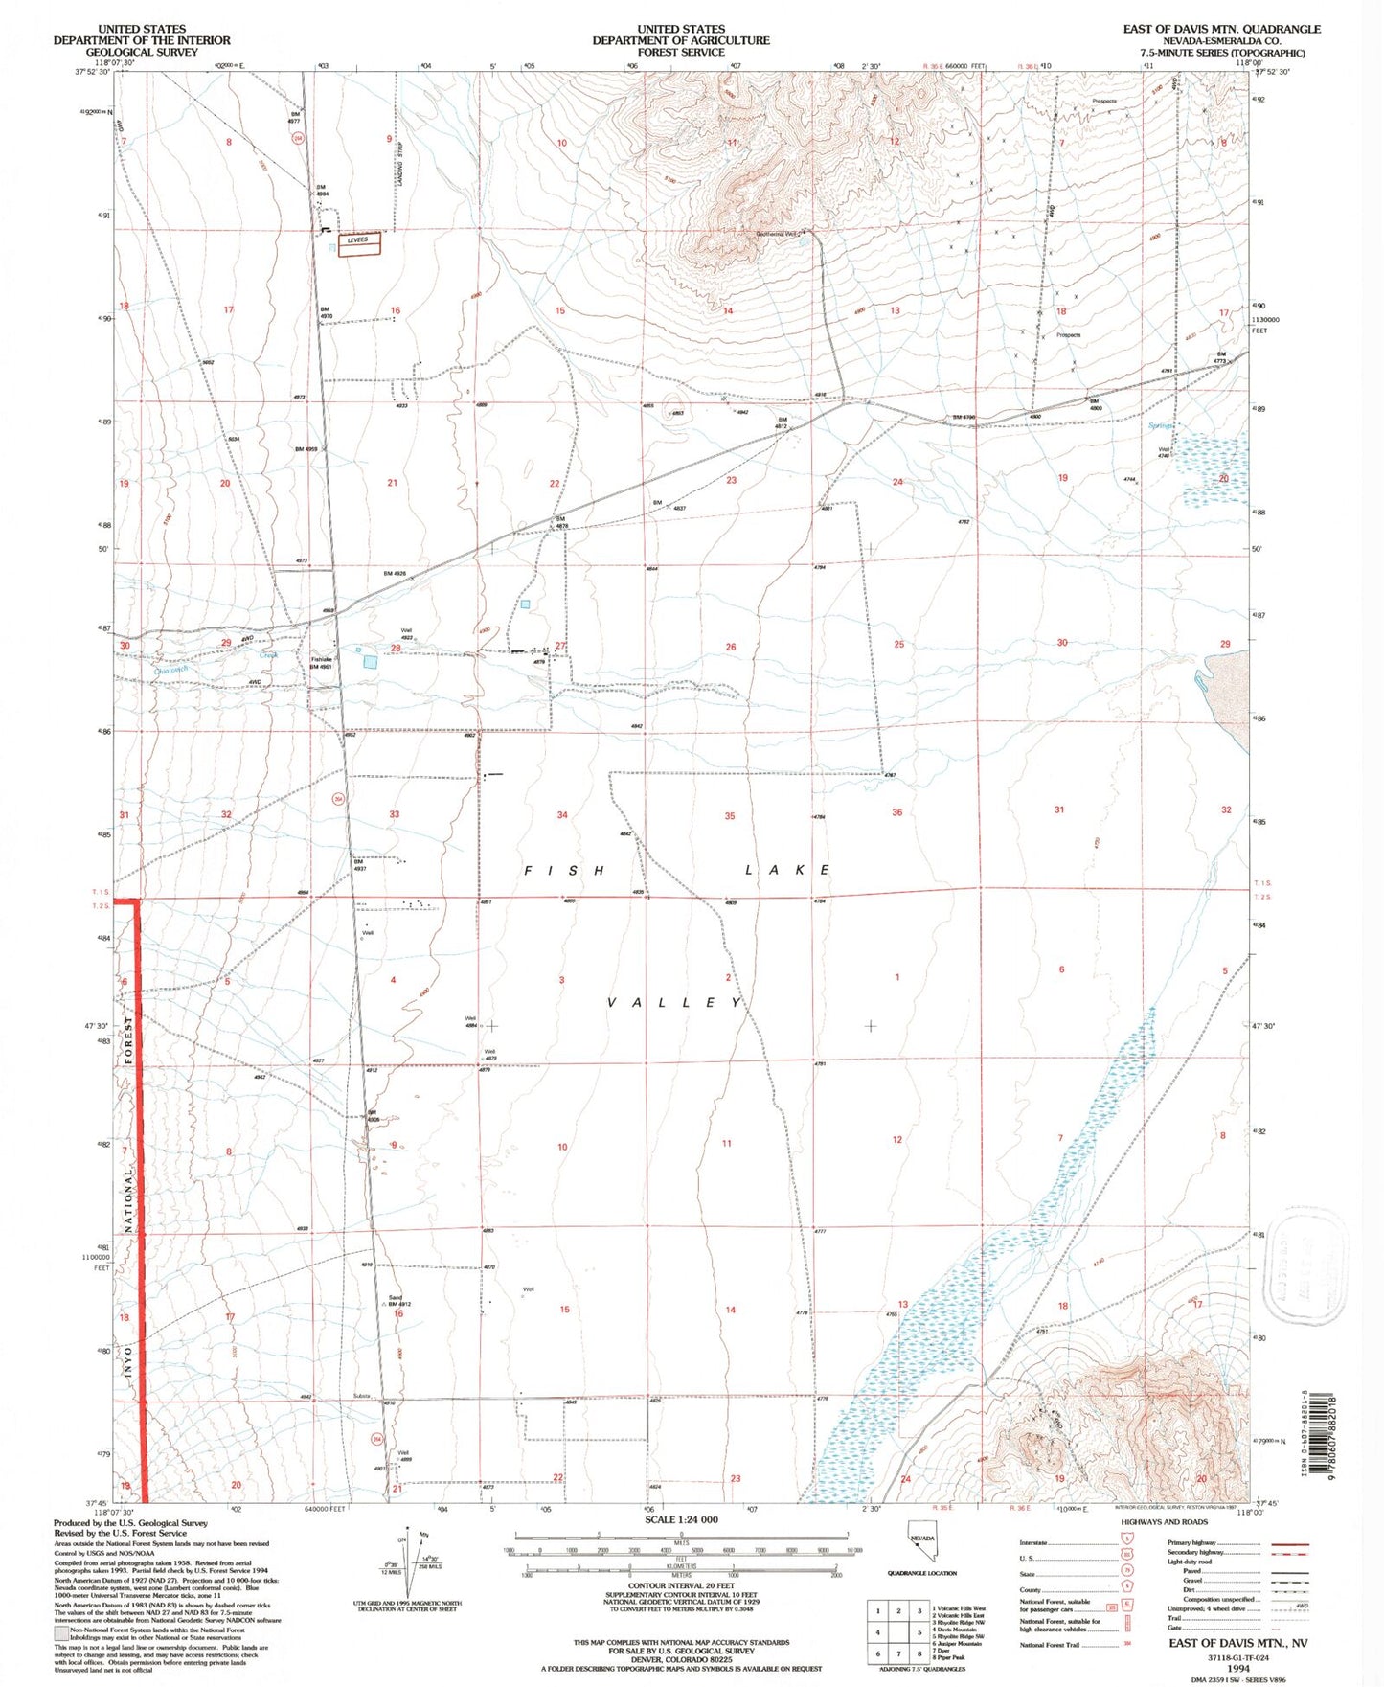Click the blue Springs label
click(1161, 425)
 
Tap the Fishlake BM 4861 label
click(321, 663)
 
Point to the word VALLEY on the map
click(674, 1002)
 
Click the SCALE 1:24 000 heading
click(681, 1520)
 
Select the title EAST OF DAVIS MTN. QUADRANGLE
click(1221, 30)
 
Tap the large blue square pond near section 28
click(370, 662)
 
